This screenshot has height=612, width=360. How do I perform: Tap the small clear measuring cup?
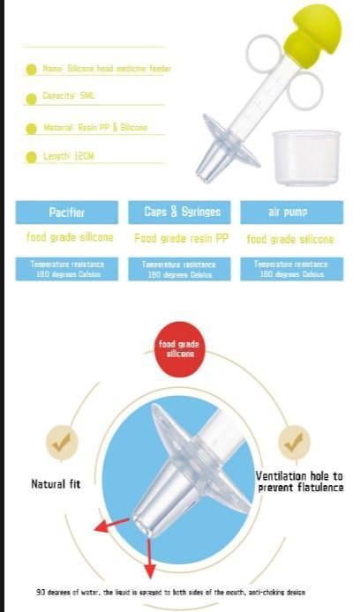point(306,157)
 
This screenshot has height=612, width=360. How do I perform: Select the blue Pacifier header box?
point(66,213)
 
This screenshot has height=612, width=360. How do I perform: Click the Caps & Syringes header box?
point(182,213)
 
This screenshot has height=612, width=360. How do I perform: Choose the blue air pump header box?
point(291,213)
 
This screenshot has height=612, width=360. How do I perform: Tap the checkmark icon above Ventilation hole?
point(294,443)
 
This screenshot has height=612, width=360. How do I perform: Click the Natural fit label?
point(56,484)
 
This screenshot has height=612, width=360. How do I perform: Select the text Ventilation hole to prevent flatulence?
point(300,481)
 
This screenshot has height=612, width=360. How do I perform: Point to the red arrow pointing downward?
point(148,564)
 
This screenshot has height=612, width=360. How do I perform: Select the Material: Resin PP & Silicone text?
point(95,128)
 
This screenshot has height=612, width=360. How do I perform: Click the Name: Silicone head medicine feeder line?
point(106,68)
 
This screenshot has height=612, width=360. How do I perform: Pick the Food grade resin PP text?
point(182,239)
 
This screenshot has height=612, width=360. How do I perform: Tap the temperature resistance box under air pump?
point(291,269)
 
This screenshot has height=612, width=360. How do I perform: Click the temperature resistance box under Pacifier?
point(66,269)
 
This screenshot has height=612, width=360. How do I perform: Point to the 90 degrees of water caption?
point(171,592)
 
